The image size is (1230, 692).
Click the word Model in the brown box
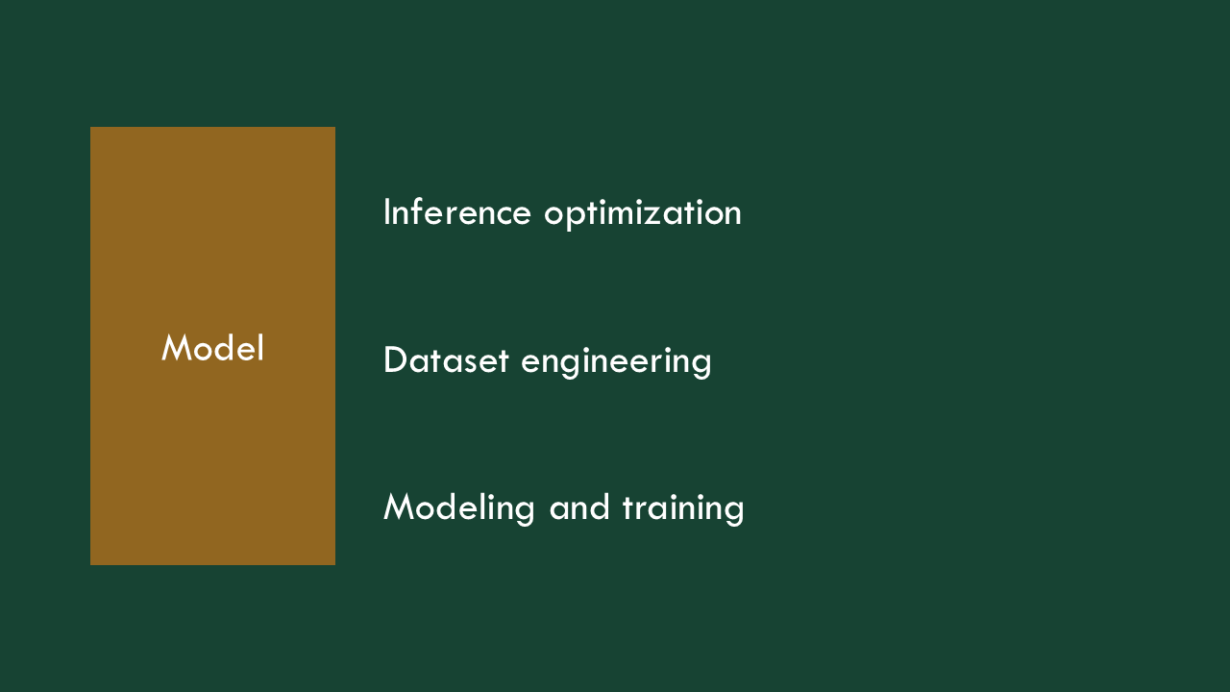pyautogui.click(x=212, y=348)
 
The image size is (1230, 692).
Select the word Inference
pyautogui.click(x=457, y=212)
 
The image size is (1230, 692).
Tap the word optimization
pyautogui.click(x=643, y=214)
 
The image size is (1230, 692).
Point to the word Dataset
pyautogui.click(x=446, y=360)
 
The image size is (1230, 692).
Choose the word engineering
pyautogui.click(x=616, y=362)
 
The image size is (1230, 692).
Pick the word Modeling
pyautogui.click(x=458, y=509)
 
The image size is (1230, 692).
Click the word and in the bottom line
pyautogui.click(x=578, y=507)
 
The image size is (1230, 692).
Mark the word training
pyautogui.click(x=683, y=509)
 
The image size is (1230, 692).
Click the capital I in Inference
pyautogui.click(x=387, y=212)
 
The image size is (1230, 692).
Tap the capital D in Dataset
pyautogui.click(x=395, y=360)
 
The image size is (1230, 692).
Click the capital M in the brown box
pyautogui.click(x=178, y=347)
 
